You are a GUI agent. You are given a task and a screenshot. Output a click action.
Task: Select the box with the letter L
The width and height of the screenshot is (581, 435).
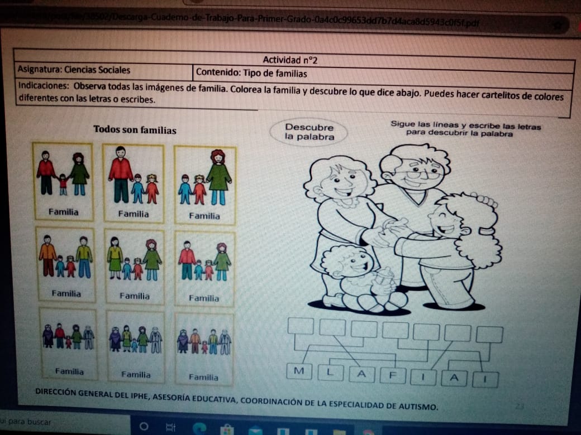pos(331,373)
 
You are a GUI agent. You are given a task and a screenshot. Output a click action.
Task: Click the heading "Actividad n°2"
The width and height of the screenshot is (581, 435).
pos(290,60)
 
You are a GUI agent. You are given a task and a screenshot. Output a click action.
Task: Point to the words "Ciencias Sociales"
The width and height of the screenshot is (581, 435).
pos(97,70)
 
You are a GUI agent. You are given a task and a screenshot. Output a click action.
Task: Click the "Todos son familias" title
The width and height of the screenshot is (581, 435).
pos(135,130)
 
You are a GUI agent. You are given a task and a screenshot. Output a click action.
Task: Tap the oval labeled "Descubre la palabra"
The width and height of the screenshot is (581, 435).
pos(309,132)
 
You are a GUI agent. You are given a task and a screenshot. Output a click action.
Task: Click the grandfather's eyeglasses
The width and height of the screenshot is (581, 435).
pos(418,174)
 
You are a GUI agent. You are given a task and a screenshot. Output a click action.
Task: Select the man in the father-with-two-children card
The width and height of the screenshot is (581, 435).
pos(121,173)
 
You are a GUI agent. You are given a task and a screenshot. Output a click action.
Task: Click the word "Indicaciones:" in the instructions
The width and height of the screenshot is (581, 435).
pos(44,87)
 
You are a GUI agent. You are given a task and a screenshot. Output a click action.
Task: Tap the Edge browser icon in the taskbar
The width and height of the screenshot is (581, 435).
pos(200,428)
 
